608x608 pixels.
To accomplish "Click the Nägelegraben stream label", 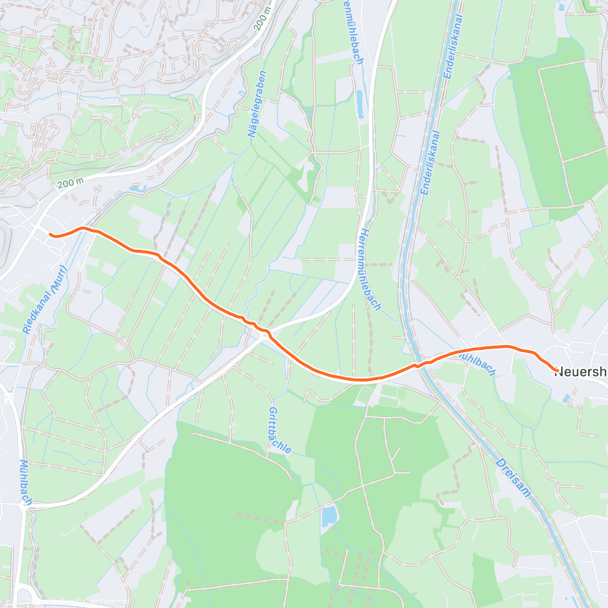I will [257, 104].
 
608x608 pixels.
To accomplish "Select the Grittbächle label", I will [280, 430].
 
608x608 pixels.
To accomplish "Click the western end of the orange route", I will [50, 234].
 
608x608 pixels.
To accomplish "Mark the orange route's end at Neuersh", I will [557, 371].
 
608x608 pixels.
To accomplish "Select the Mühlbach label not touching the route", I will [25, 482].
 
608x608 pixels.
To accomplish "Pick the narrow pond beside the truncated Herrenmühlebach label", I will [360, 104].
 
